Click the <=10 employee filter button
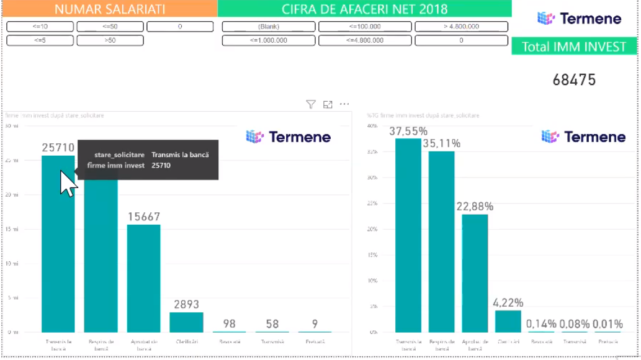[40, 27]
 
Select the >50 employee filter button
[110, 40]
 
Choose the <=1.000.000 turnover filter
[269, 40]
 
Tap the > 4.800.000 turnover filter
[461, 27]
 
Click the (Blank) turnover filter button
[269, 27]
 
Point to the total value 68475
[574, 80]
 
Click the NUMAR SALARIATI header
[109, 9]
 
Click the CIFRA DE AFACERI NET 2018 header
[364, 9]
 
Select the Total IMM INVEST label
[574, 47]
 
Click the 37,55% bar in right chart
[408, 236]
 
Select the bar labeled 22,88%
[475, 273]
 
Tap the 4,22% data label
[508, 303]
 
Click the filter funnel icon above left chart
[311, 104]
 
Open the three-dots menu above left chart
[344, 104]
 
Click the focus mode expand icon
[328, 104]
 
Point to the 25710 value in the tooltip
[161, 165]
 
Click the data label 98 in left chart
[230, 324]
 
